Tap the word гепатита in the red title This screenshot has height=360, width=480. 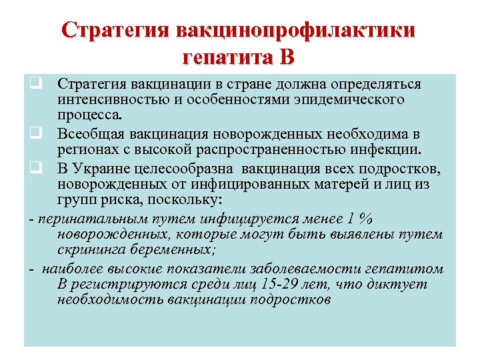[x=226, y=57]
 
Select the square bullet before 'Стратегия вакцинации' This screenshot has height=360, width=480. [x=33, y=85]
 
